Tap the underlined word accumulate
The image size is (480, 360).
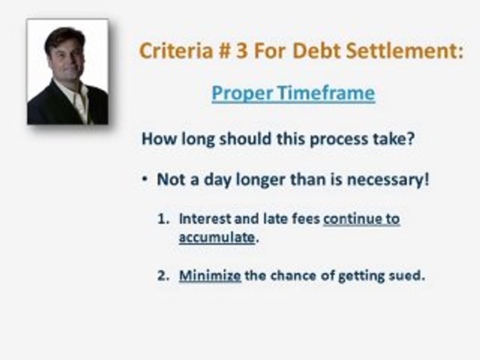216,237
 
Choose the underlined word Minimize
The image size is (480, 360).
210,275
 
